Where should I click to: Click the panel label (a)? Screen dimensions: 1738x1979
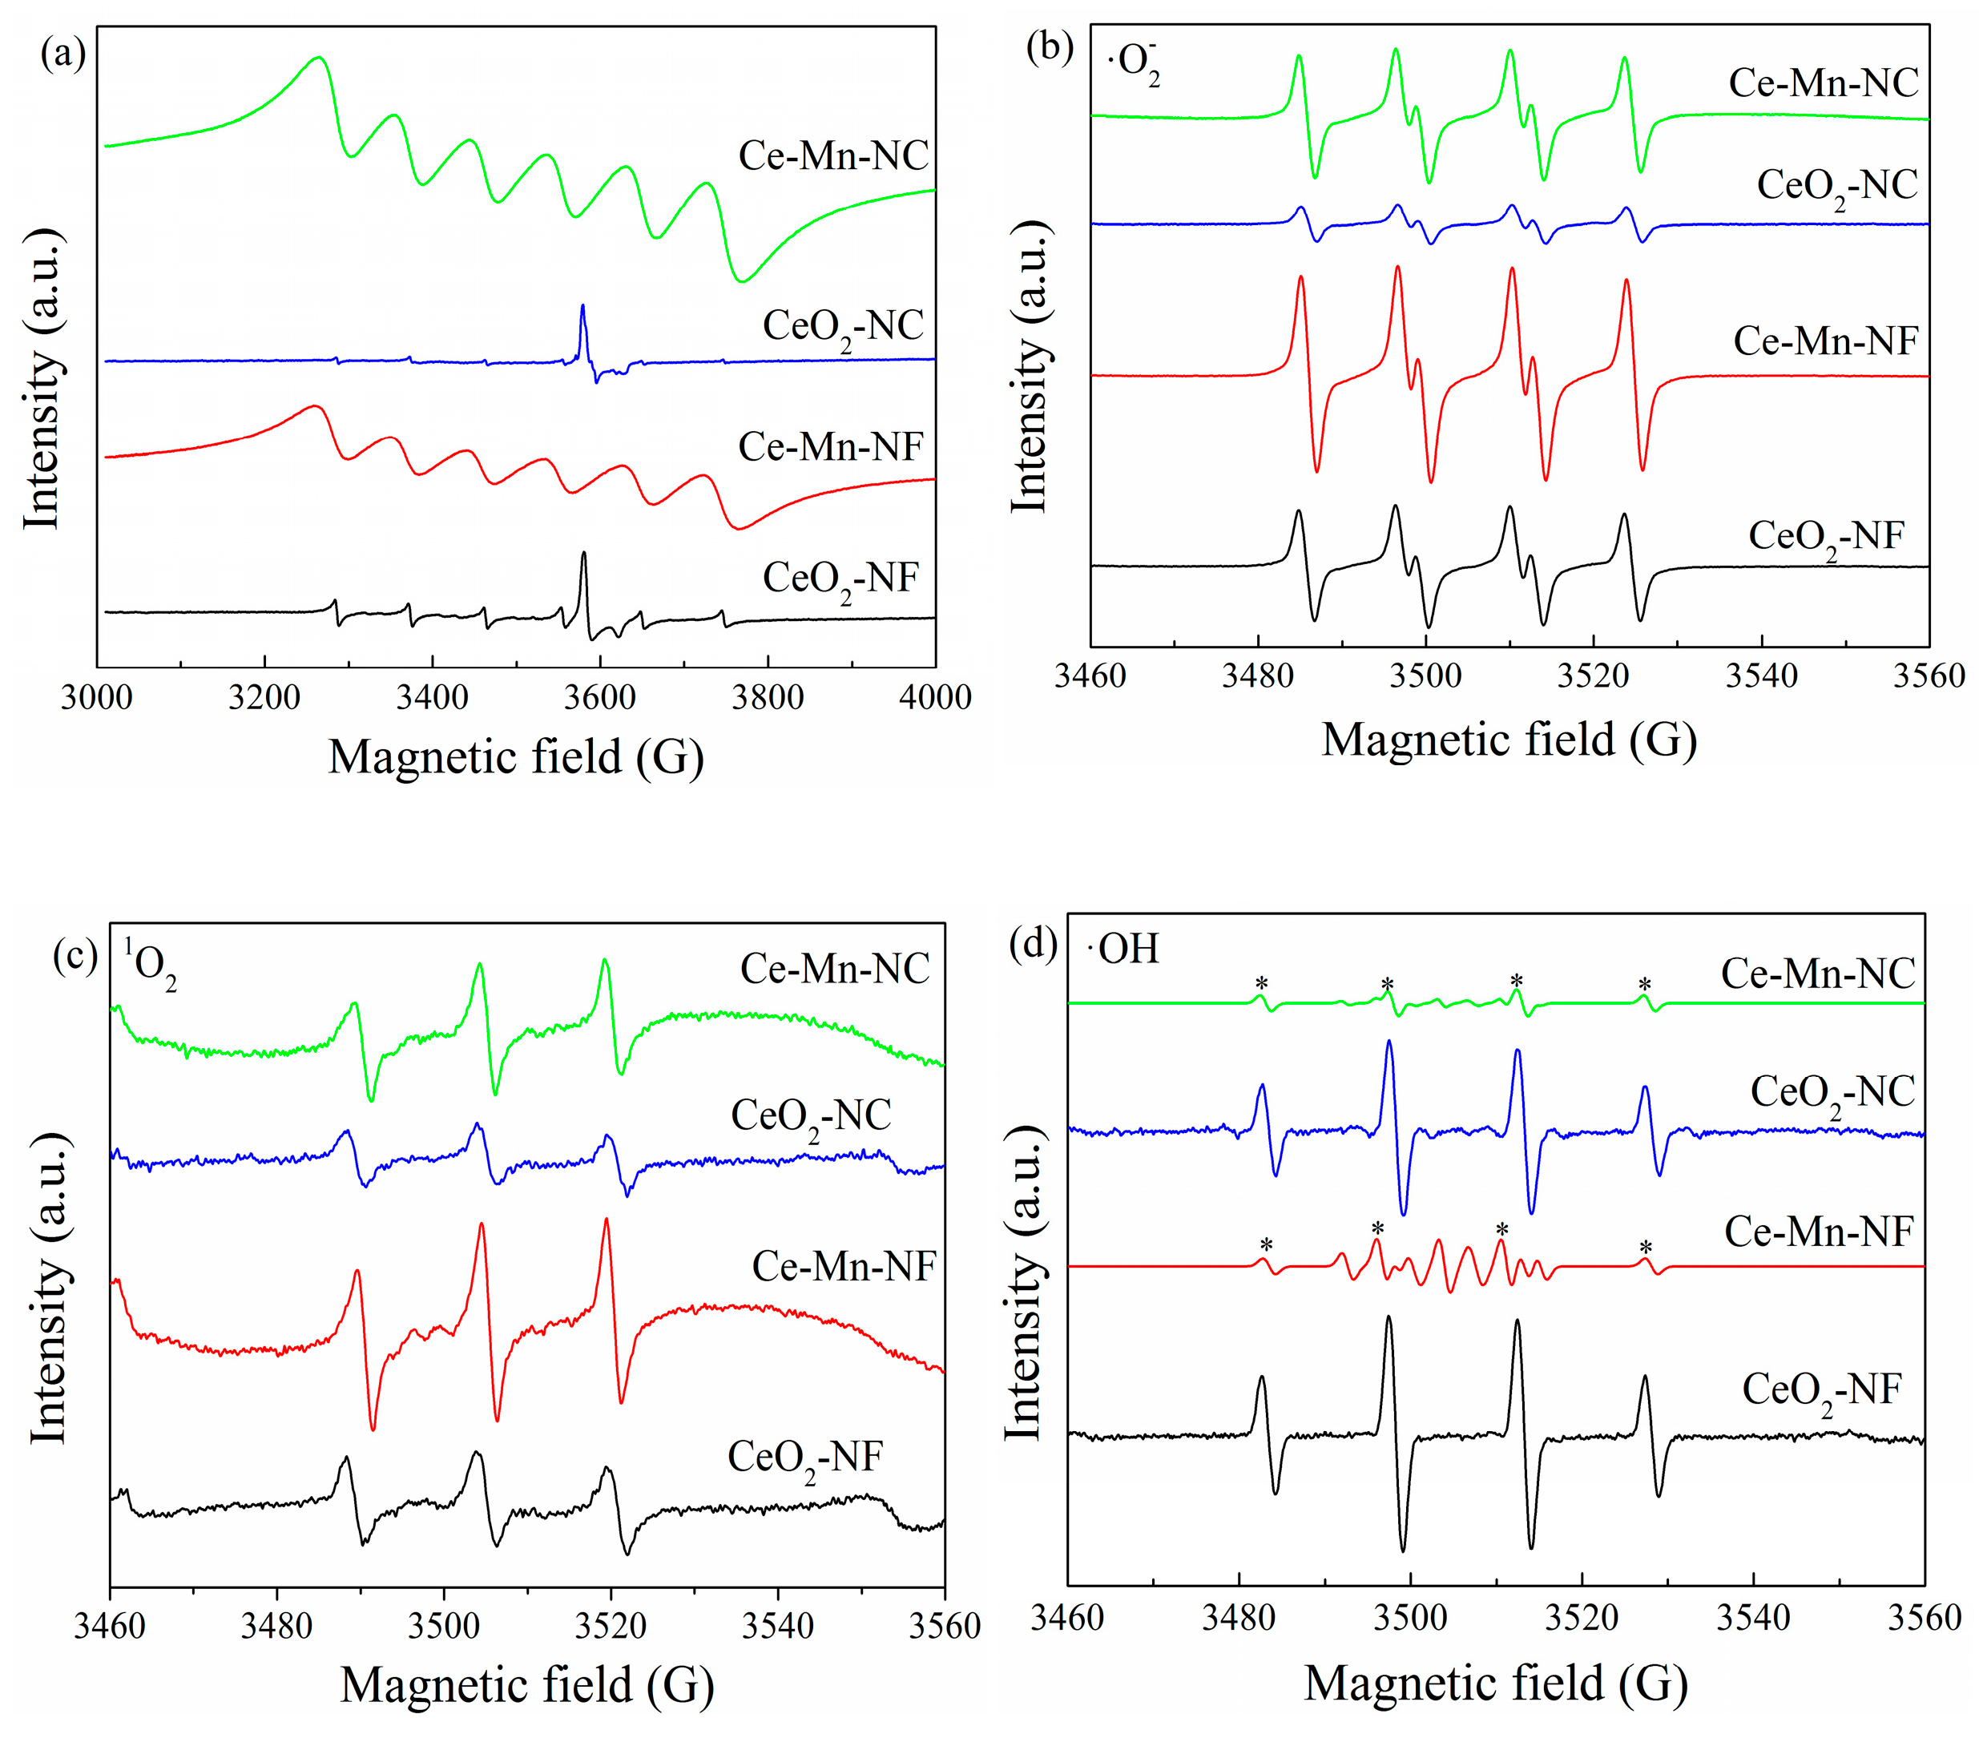63,53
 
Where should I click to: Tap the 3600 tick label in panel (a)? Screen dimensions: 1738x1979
600,697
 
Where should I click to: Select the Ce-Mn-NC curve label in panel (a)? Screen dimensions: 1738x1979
832,156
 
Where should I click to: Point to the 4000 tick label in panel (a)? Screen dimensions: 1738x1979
934,697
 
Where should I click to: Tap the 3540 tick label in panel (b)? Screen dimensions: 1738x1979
1761,675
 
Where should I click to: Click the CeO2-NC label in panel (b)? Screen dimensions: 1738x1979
1836,187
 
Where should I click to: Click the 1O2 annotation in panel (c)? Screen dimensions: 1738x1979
149,962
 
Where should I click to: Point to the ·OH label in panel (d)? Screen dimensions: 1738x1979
1123,949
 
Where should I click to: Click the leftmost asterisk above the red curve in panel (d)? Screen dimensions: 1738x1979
1265,1244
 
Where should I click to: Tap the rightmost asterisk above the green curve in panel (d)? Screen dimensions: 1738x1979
1644,985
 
